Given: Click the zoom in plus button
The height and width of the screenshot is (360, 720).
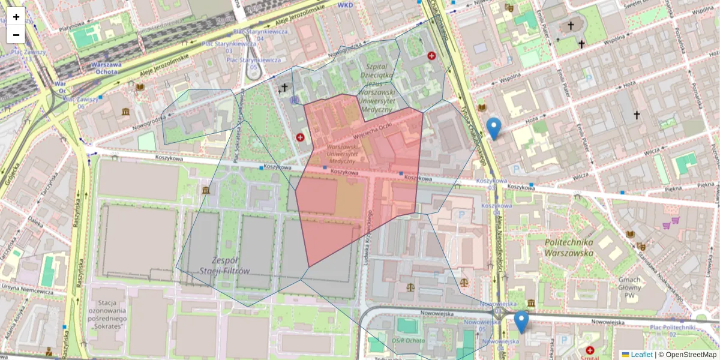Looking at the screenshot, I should [16, 17].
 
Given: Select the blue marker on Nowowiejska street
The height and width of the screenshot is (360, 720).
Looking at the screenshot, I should [521, 322].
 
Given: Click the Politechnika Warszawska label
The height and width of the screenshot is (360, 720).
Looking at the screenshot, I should [569, 247].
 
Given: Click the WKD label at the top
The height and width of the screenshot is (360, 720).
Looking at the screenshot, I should [345, 4].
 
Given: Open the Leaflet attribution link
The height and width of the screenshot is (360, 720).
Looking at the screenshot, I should [641, 355].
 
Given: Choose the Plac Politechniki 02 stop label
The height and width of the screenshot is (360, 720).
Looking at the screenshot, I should [674, 331].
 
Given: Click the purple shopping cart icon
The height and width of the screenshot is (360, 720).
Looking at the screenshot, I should [666, 226].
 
